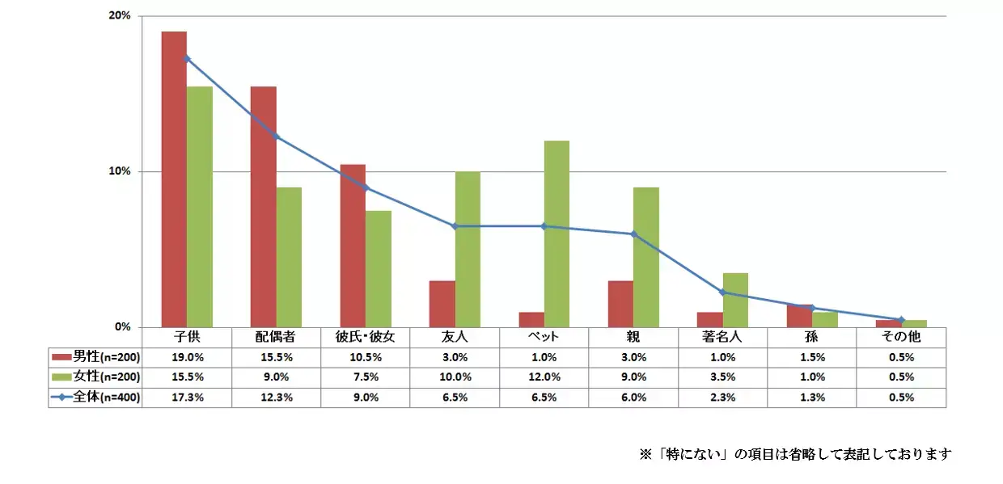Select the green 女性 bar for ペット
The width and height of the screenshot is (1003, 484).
[x=557, y=234]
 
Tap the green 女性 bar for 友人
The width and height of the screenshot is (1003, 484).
[x=468, y=250]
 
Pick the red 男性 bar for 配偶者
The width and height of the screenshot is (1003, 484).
[x=263, y=207]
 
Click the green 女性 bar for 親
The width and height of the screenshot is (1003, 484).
[x=646, y=257]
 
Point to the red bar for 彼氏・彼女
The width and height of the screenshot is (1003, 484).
[x=353, y=246]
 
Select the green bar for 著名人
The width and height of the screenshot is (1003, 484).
[x=735, y=300]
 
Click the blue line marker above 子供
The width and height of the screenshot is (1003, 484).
[x=187, y=58]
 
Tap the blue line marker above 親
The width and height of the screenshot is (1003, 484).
[x=633, y=234]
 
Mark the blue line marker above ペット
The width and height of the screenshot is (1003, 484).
[x=544, y=226]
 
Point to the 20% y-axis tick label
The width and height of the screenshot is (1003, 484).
[x=120, y=16]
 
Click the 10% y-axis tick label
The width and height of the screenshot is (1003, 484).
[x=120, y=172]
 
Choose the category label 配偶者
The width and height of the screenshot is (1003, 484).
[x=276, y=337]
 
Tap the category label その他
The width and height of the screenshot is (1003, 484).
[x=901, y=337]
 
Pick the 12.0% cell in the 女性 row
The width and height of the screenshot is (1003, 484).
[x=544, y=377]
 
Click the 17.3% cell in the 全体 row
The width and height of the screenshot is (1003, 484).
[x=187, y=398]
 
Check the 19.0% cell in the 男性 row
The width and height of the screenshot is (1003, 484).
[x=187, y=357]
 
